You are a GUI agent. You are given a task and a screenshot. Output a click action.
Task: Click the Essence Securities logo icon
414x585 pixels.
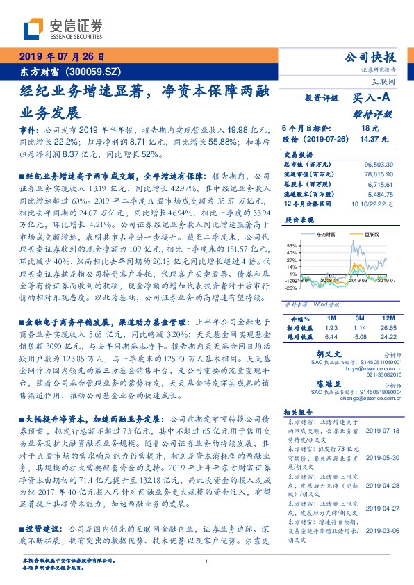(35, 28)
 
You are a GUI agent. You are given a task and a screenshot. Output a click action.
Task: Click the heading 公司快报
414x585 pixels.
(375, 57)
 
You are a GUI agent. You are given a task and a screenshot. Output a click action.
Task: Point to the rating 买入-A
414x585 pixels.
(372, 99)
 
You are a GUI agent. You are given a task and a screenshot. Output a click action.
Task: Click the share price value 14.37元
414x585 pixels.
(368, 139)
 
